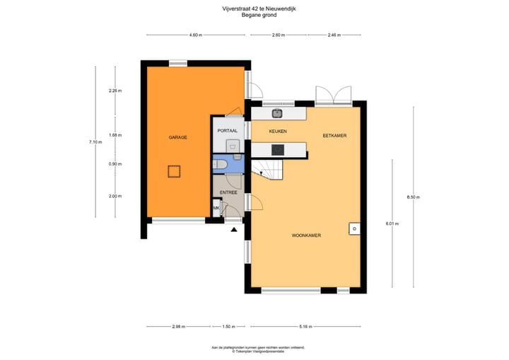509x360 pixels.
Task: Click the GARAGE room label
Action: (x=177, y=137)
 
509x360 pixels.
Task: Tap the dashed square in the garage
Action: (x=173, y=170)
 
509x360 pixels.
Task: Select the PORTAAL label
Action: (x=227, y=131)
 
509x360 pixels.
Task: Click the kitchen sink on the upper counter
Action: (x=277, y=112)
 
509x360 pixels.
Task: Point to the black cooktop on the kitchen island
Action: (x=278, y=149)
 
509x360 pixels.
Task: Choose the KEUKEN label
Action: (x=277, y=132)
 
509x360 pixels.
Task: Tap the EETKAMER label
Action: (x=334, y=135)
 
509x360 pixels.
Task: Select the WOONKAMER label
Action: (x=306, y=236)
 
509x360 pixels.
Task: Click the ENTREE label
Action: (x=228, y=192)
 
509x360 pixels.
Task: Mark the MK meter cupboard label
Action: (x=216, y=208)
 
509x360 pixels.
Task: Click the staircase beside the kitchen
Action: (x=269, y=168)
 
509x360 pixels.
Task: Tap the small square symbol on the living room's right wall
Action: (x=353, y=228)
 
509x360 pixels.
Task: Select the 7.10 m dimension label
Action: (x=95, y=142)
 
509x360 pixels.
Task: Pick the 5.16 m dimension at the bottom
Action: (x=305, y=327)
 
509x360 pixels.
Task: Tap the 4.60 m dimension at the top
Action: (x=195, y=35)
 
